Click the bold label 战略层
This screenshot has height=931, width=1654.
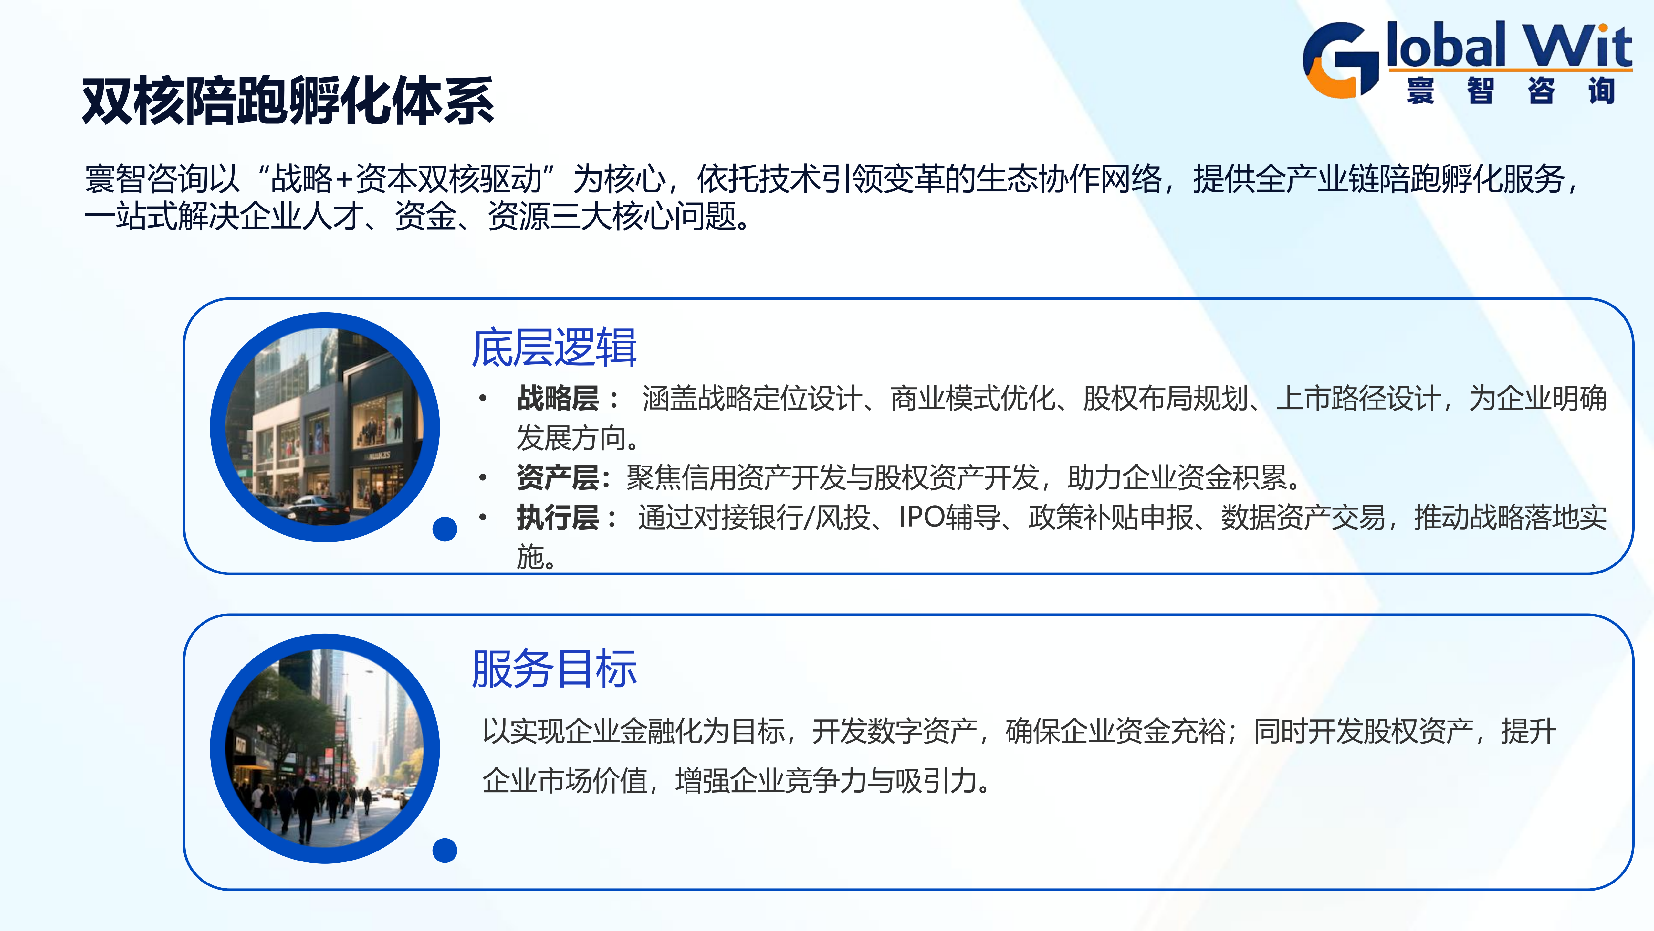[x=557, y=398]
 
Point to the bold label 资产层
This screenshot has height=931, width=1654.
[x=557, y=477]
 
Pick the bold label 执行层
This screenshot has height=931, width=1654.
[x=557, y=517]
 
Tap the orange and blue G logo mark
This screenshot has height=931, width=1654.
[x=1341, y=60]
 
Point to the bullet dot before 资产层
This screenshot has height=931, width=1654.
[x=482, y=477]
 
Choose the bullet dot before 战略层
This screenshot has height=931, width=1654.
[x=482, y=398]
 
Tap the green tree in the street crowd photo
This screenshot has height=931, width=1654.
[x=283, y=710]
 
